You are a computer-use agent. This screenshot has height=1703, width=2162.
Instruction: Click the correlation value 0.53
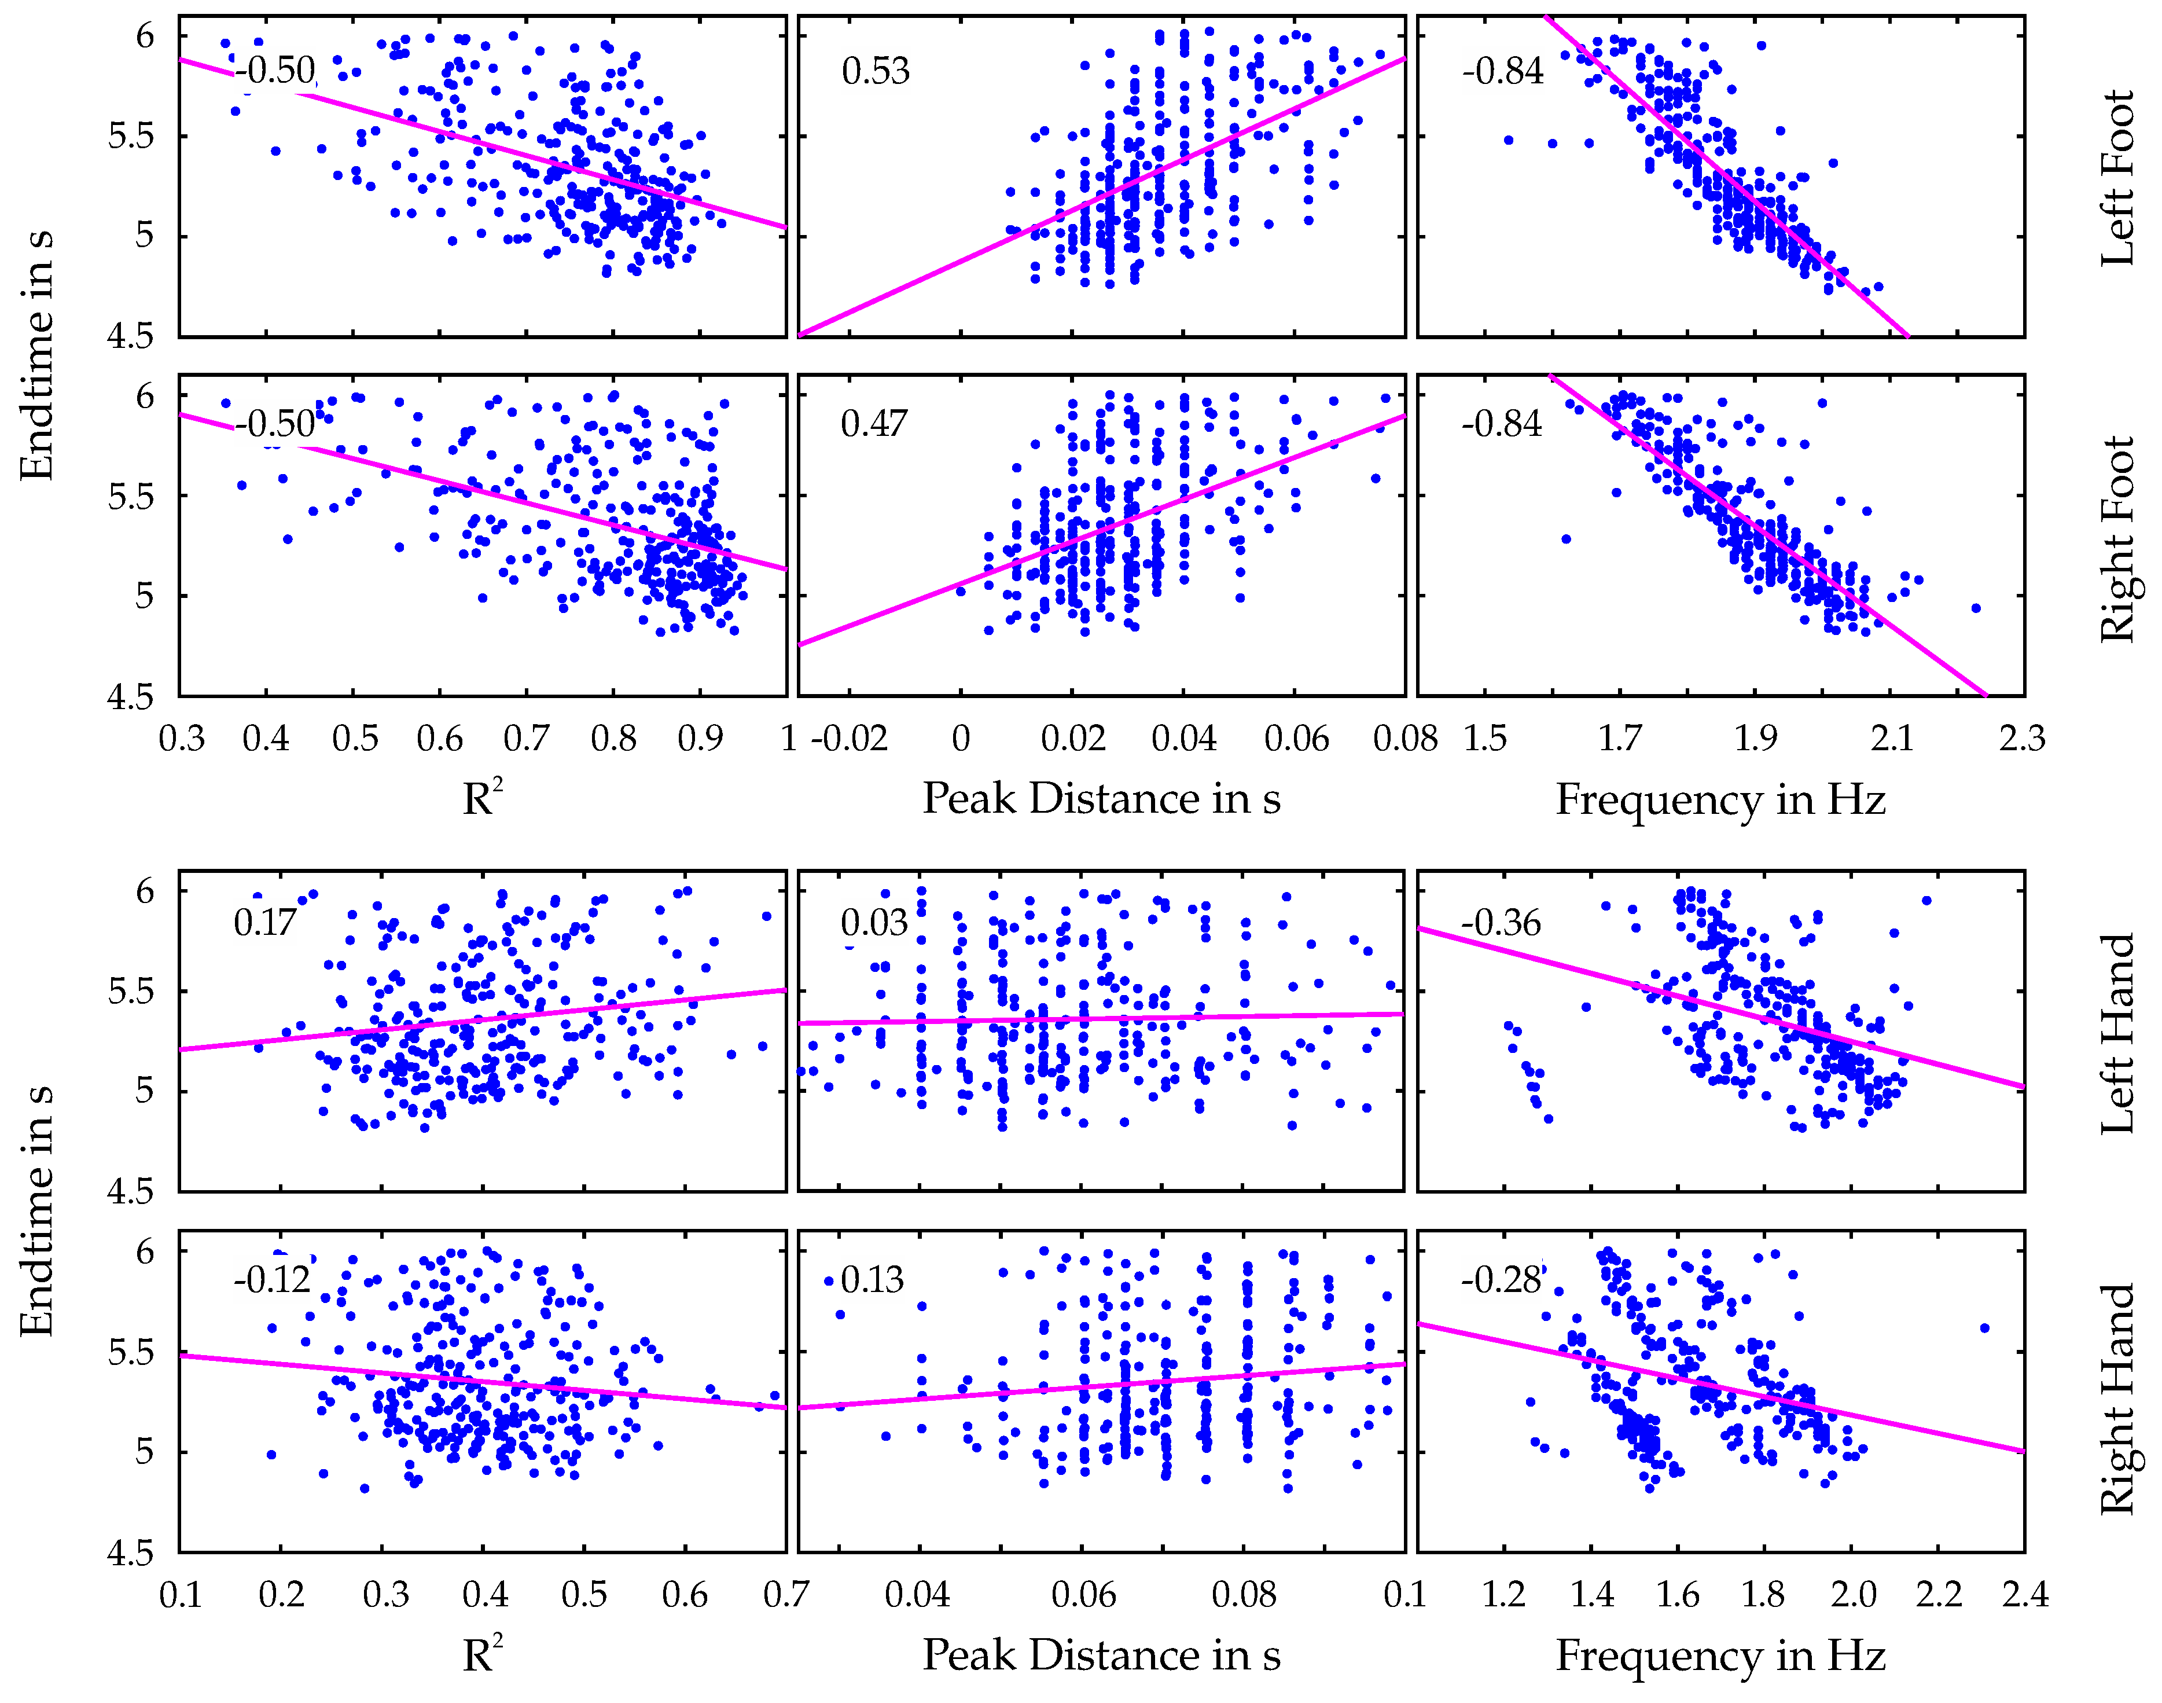pos(874,71)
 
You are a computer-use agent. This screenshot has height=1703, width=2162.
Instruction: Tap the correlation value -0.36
pos(1500,923)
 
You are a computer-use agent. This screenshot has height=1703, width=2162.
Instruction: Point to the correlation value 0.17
pos(264,923)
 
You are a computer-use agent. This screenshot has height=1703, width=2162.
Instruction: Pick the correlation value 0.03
pos(873,923)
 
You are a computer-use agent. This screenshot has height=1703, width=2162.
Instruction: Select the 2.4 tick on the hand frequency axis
pos(2024,1594)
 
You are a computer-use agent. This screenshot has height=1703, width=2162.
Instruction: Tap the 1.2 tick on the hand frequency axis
pos(1503,1594)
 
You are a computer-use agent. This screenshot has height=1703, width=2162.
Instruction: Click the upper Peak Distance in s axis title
pos(1101,799)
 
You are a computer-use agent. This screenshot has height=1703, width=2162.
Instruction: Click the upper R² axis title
pos(483,799)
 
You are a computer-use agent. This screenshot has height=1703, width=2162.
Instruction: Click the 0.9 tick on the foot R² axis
pos(700,739)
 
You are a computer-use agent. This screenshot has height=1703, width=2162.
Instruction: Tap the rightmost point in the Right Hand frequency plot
pos(1984,1328)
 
